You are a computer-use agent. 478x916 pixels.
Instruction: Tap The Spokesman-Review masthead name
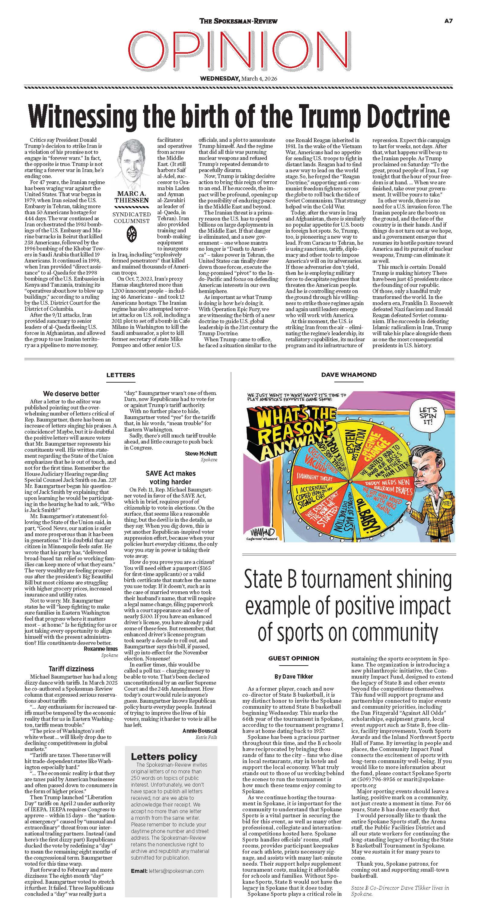(x=238, y=21)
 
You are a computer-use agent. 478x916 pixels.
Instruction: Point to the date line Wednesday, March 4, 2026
(x=238, y=78)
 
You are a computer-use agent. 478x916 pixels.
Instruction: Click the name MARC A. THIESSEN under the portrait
(x=132, y=197)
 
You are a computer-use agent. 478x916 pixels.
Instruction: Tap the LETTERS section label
(x=121, y=375)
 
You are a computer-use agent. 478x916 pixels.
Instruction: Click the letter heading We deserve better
(x=71, y=394)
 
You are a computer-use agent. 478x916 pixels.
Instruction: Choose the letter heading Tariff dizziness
(x=71, y=669)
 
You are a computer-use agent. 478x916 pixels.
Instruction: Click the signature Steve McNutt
(x=201, y=453)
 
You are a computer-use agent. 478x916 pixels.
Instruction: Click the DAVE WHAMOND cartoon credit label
(x=349, y=375)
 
